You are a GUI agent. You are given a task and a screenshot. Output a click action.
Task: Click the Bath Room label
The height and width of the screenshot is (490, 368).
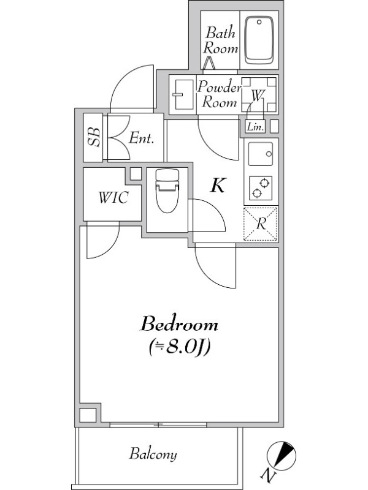pyautogui.click(x=220, y=39)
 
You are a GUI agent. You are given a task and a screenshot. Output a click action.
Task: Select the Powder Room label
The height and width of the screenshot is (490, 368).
pyautogui.click(x=218, y=94)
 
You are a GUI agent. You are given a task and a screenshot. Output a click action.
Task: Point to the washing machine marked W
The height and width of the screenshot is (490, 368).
pyautogui.click(x=258, y=94)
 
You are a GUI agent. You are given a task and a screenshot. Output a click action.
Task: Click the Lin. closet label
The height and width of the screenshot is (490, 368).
pyautogui.click(x=255, y=127)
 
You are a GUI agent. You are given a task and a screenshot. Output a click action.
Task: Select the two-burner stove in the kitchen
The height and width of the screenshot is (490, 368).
pyautogui.click(x=261, y=188)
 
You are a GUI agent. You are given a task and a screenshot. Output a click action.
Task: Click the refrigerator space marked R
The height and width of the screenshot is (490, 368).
pyautogui.click(x=261, y=224)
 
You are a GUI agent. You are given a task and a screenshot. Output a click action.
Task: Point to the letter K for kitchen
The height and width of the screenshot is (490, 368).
pyautogui.click(x=217, y=186)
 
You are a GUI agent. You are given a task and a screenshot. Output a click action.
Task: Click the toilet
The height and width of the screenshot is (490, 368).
pyautogui.click(x=166, y=190)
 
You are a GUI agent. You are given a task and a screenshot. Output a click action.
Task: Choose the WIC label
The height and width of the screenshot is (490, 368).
pyautogui.click(x=113, y=198)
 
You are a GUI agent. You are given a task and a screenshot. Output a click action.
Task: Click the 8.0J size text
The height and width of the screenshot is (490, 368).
pyautogui.click(x=180, y=347)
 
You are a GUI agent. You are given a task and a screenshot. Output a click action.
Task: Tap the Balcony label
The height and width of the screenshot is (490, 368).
pyautogui.click(x=153, y=454)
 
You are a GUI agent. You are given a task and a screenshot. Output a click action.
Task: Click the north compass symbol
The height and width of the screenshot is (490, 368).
pyautogui.click(x=282, y=455)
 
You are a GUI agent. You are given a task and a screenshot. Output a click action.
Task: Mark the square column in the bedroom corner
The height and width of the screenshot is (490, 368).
pyautogui.click(x=88, y=414)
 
